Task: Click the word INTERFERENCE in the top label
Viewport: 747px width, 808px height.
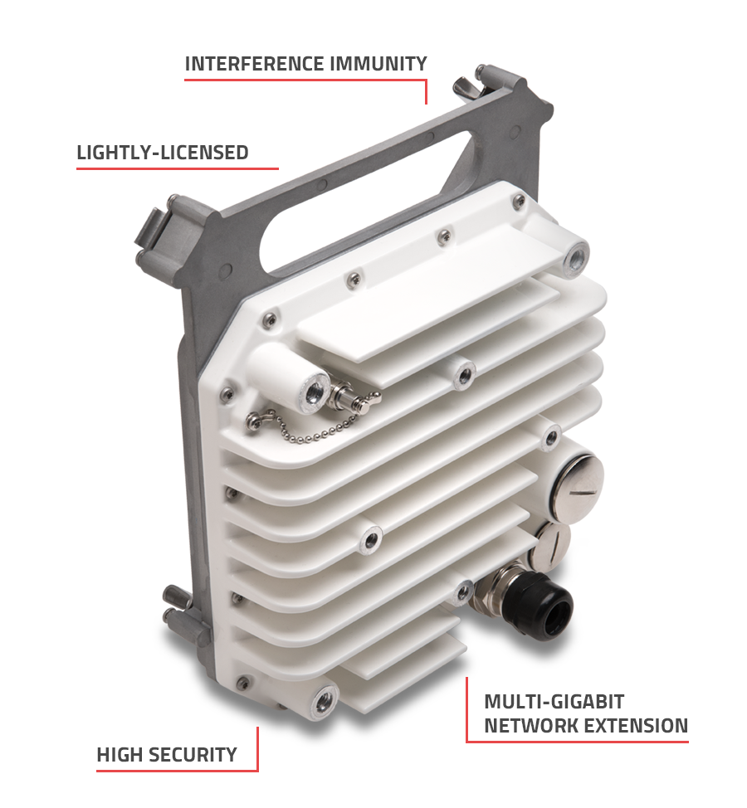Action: coord(255,64)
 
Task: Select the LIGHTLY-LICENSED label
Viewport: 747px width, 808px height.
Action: coord(163,153)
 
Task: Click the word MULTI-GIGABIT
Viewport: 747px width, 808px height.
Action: coord(554,702)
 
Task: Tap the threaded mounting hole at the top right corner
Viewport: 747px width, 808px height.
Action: coord(576,258)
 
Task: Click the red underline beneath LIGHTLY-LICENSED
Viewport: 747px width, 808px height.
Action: coord(178,168)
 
